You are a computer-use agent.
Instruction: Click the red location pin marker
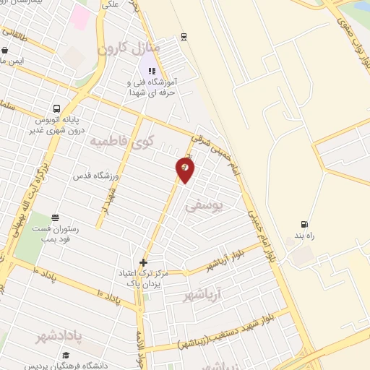click(x=185, y=169)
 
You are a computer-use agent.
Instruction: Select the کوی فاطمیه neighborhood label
click(x=121, y=141)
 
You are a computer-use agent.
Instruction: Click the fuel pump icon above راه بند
click(x=304, y=224)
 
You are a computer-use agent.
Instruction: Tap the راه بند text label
click(x=304, y=236)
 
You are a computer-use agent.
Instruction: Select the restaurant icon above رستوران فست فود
click(x=56, y=218)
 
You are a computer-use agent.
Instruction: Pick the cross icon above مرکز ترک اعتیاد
click(x=143, y=262)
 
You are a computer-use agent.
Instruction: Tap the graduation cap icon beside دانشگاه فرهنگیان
click(x=66, y=356)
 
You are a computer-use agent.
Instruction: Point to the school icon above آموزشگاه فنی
click(x=152, y=71)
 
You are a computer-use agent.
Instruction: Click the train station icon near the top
click(x=184, y=37)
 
